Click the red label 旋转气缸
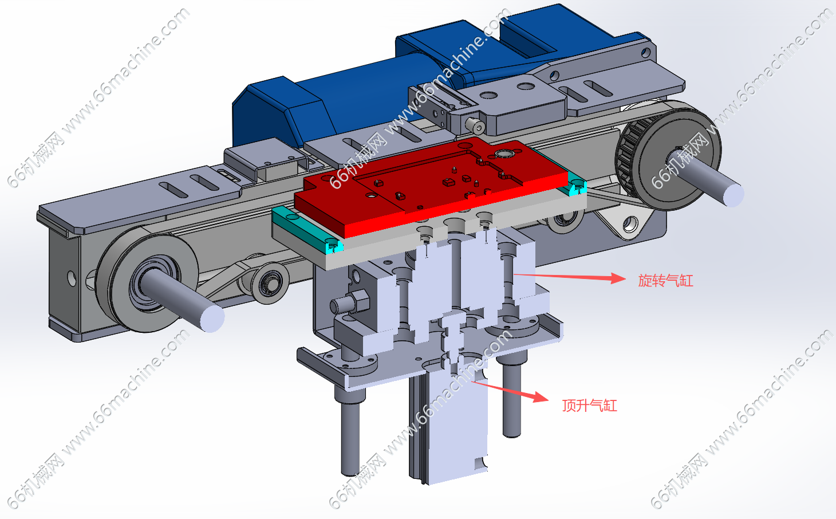click(x=665, y=281)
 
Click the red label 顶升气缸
click(x=589, y=406)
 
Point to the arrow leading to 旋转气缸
click(x=570, y=277)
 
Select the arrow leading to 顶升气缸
click(x=510, y=392)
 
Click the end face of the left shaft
click(x=212, y=319)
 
